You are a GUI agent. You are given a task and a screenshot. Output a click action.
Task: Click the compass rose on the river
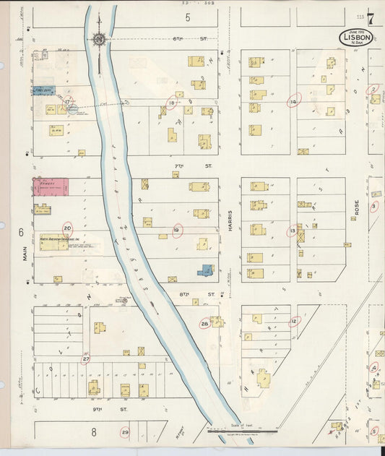point(99,40)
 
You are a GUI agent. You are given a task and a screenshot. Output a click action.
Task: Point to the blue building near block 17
point(43,91)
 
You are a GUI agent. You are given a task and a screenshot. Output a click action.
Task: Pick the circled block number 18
point(172,103)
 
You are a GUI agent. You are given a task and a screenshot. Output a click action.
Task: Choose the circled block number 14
point(293,101)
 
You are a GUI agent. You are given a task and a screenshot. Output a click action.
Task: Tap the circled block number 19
point(177,230)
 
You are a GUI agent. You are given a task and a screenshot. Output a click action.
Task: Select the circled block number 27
point(85,359)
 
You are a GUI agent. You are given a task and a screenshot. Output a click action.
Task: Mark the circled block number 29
point(125,432)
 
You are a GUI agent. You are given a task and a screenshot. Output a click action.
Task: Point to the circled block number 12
point(294,320)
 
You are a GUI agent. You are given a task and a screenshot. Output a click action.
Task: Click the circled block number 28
point(204,324)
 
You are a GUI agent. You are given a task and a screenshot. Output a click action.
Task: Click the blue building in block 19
point(206,270)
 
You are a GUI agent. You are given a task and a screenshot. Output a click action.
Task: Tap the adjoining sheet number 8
point(92,432)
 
